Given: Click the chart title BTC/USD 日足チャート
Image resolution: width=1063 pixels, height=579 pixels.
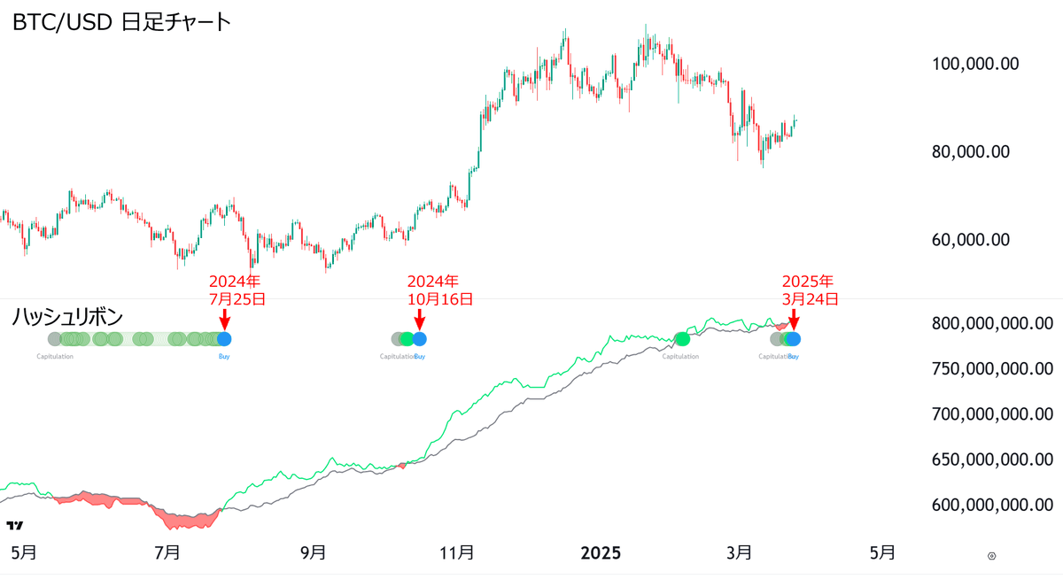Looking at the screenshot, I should (x=121, y=22).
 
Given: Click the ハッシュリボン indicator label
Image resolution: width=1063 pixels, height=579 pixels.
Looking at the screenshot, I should (x=66, y=316).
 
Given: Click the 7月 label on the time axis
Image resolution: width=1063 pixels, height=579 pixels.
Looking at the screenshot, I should (x=167, y=553).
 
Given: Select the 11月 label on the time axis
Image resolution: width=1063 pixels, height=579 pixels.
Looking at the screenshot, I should (x=456, y=553).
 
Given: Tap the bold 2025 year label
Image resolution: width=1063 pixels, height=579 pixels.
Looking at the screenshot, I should (x=601, y=553).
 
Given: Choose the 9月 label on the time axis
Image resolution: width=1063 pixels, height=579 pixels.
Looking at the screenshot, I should (x=313, y=553).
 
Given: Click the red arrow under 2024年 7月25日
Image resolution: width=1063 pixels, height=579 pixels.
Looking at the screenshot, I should (x=224, y=319).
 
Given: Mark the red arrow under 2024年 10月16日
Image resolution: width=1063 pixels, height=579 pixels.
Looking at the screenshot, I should (x=419, y=319).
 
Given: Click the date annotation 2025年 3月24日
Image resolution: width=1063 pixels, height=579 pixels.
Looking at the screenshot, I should (x=809, y=289).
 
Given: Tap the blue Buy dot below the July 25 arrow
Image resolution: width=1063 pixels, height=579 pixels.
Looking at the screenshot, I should (x=224, y=338).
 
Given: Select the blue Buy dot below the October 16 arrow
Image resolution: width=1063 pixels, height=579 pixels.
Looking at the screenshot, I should (x=419, y=338).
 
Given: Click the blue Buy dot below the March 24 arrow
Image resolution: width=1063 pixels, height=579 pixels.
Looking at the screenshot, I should (x=793, y=338).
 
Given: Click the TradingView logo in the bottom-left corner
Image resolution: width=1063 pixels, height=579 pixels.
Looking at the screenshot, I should (x=14, y=524).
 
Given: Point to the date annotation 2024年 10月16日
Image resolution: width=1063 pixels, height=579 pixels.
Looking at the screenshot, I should (x=439, y=289).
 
